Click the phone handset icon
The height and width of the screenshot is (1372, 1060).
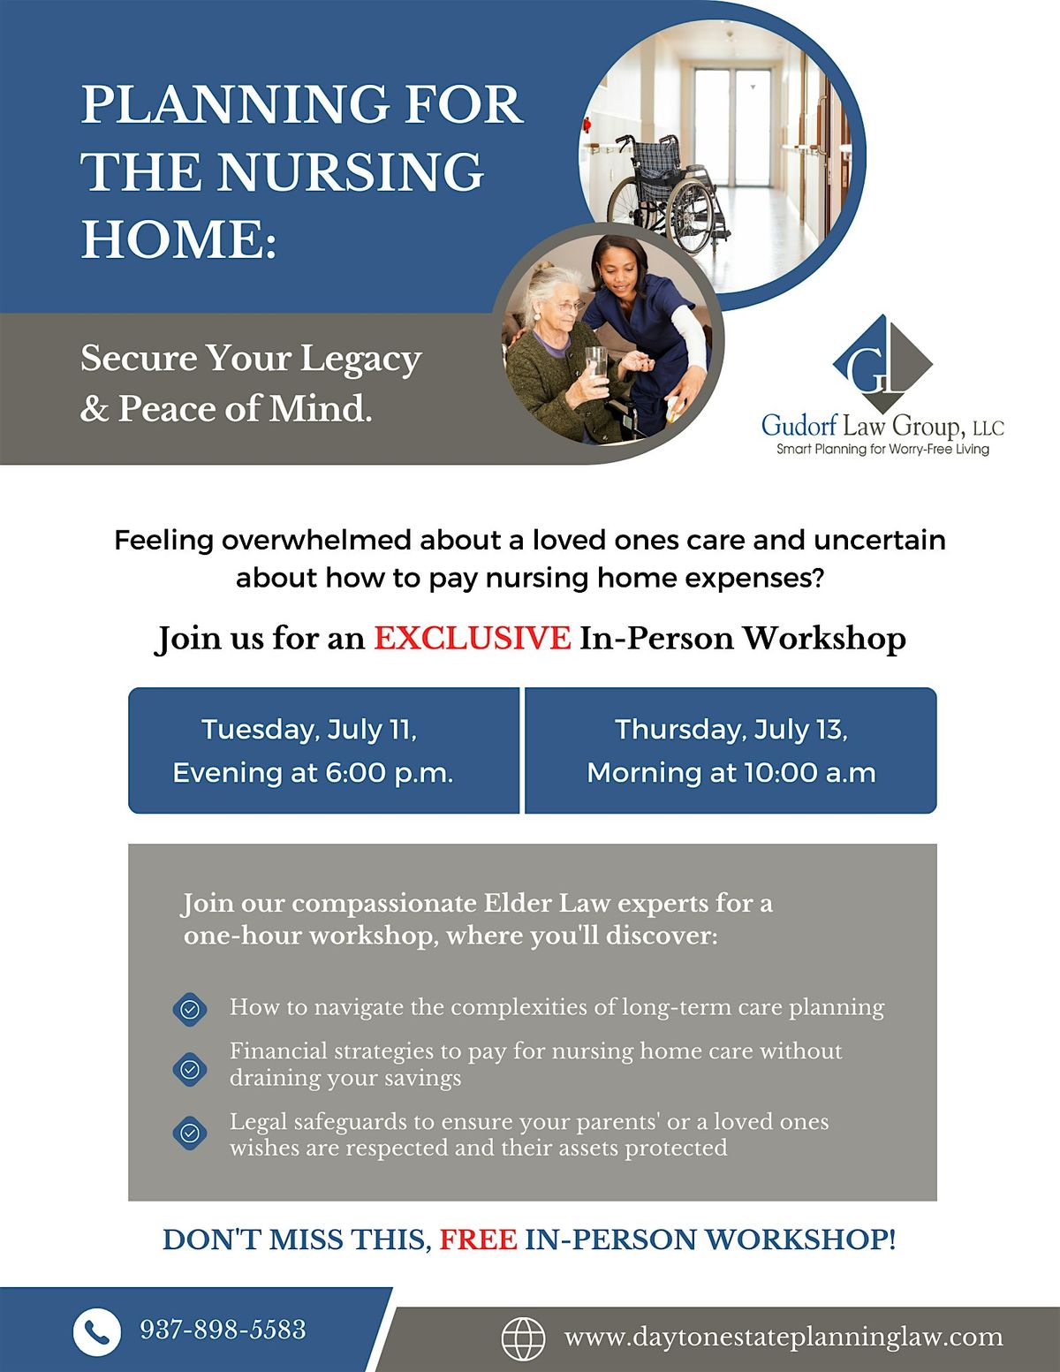pyautogui.click(x=96, y=1331)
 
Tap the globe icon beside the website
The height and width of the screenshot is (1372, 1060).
pyautogui.click(x=523, y=1338)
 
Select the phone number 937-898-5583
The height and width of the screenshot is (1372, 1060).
pyautogui.click(x=223, y=1330)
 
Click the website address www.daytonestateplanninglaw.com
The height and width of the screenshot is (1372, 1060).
pyautogui.click(x=784, y=1338)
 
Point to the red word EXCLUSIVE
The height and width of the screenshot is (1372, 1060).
pyautogui.click(x=472, y=638)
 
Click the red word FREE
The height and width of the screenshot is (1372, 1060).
pyautogui.click(x=478, y=1239)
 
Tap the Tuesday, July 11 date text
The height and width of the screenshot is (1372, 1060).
pyautogui.click(x=308, y=730)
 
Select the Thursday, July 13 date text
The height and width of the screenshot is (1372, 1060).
pyautogui.click(x=731, y=730)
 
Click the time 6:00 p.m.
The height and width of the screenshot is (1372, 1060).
pyautogui.click(x=389, y=773)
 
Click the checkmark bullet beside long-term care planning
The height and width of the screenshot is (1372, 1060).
pyautogui.click(x=189, y=1009)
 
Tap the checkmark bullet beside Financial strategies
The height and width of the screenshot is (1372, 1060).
pyautogui.click(x=189, y=1070)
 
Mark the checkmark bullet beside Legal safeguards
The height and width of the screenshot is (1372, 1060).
pyautogui.click(x=189, y=1133)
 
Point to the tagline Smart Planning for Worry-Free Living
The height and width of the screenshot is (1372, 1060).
pyautogui.click(x=882, y=450)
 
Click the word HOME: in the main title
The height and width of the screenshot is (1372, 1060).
pyautogui.click(x=179, y=239)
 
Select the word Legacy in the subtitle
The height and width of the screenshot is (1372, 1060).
pyautogui.click(x=360, y=360)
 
